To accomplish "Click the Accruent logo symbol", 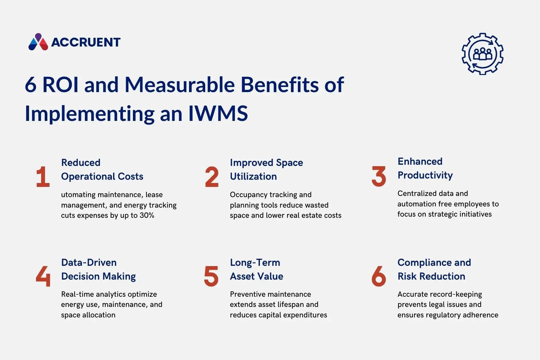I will point(38,42).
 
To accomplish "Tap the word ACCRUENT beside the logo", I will point(86,42).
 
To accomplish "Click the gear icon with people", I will point(482,54).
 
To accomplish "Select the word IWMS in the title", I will point(218,114).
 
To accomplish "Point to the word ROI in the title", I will point(61,85).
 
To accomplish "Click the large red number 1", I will point(43,177).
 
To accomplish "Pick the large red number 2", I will point(212,177).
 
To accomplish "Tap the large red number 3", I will point(379,176).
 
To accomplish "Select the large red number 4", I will point(43,276).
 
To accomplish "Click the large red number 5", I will point(211,276).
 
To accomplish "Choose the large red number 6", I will point(379,276).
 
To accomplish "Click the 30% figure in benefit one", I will point(147,215).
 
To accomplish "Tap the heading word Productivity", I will point(425,175).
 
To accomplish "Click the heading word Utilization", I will point(253,176).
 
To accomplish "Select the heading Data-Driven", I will point(89,262).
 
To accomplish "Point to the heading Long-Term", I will point(255,262).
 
